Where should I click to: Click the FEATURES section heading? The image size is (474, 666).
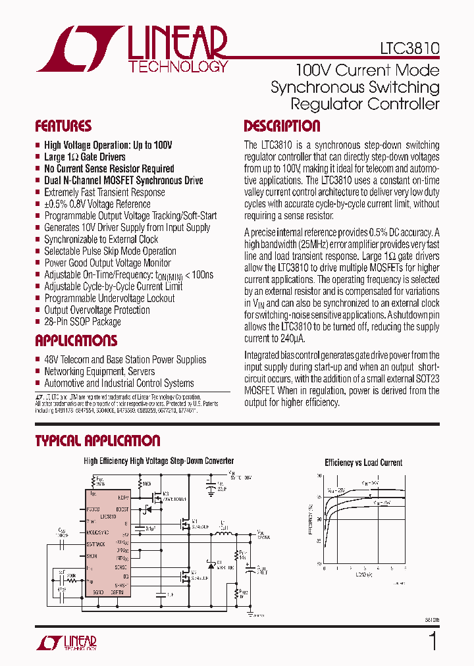[x=63, y=126]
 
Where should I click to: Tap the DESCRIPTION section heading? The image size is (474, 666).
[x=282, y=126]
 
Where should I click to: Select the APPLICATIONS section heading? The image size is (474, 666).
[x=76, y=340]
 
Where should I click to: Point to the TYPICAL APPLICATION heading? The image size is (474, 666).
[x=97, y=440]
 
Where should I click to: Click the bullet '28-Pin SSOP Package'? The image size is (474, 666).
[x=82, y=322]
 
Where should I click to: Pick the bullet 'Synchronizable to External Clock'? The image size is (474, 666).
[x=101, y=240]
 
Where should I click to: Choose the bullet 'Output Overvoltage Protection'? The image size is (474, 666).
[x=97, y=310]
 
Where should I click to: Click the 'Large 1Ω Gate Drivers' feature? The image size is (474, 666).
[x=84, y=157]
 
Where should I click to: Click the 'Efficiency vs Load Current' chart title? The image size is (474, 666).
[x=363, y=463]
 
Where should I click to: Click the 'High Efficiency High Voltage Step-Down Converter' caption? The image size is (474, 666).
[x=159, y=461]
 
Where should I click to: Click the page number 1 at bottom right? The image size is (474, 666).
[x=433, y=640]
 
